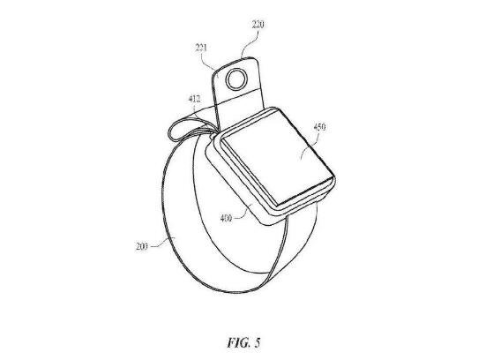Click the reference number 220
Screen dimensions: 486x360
point(258,24)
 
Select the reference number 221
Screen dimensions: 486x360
point(201,48)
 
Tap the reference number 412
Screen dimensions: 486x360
point(194,99)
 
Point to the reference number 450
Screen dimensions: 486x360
point(320,127)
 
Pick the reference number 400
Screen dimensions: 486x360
point(226,218)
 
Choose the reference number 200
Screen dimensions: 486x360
point(142,246)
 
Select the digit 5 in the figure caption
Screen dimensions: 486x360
point(258,343)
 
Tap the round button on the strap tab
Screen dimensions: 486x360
point(237,79)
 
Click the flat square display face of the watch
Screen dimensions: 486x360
point(273,159)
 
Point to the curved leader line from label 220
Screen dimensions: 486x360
point(250,43)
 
